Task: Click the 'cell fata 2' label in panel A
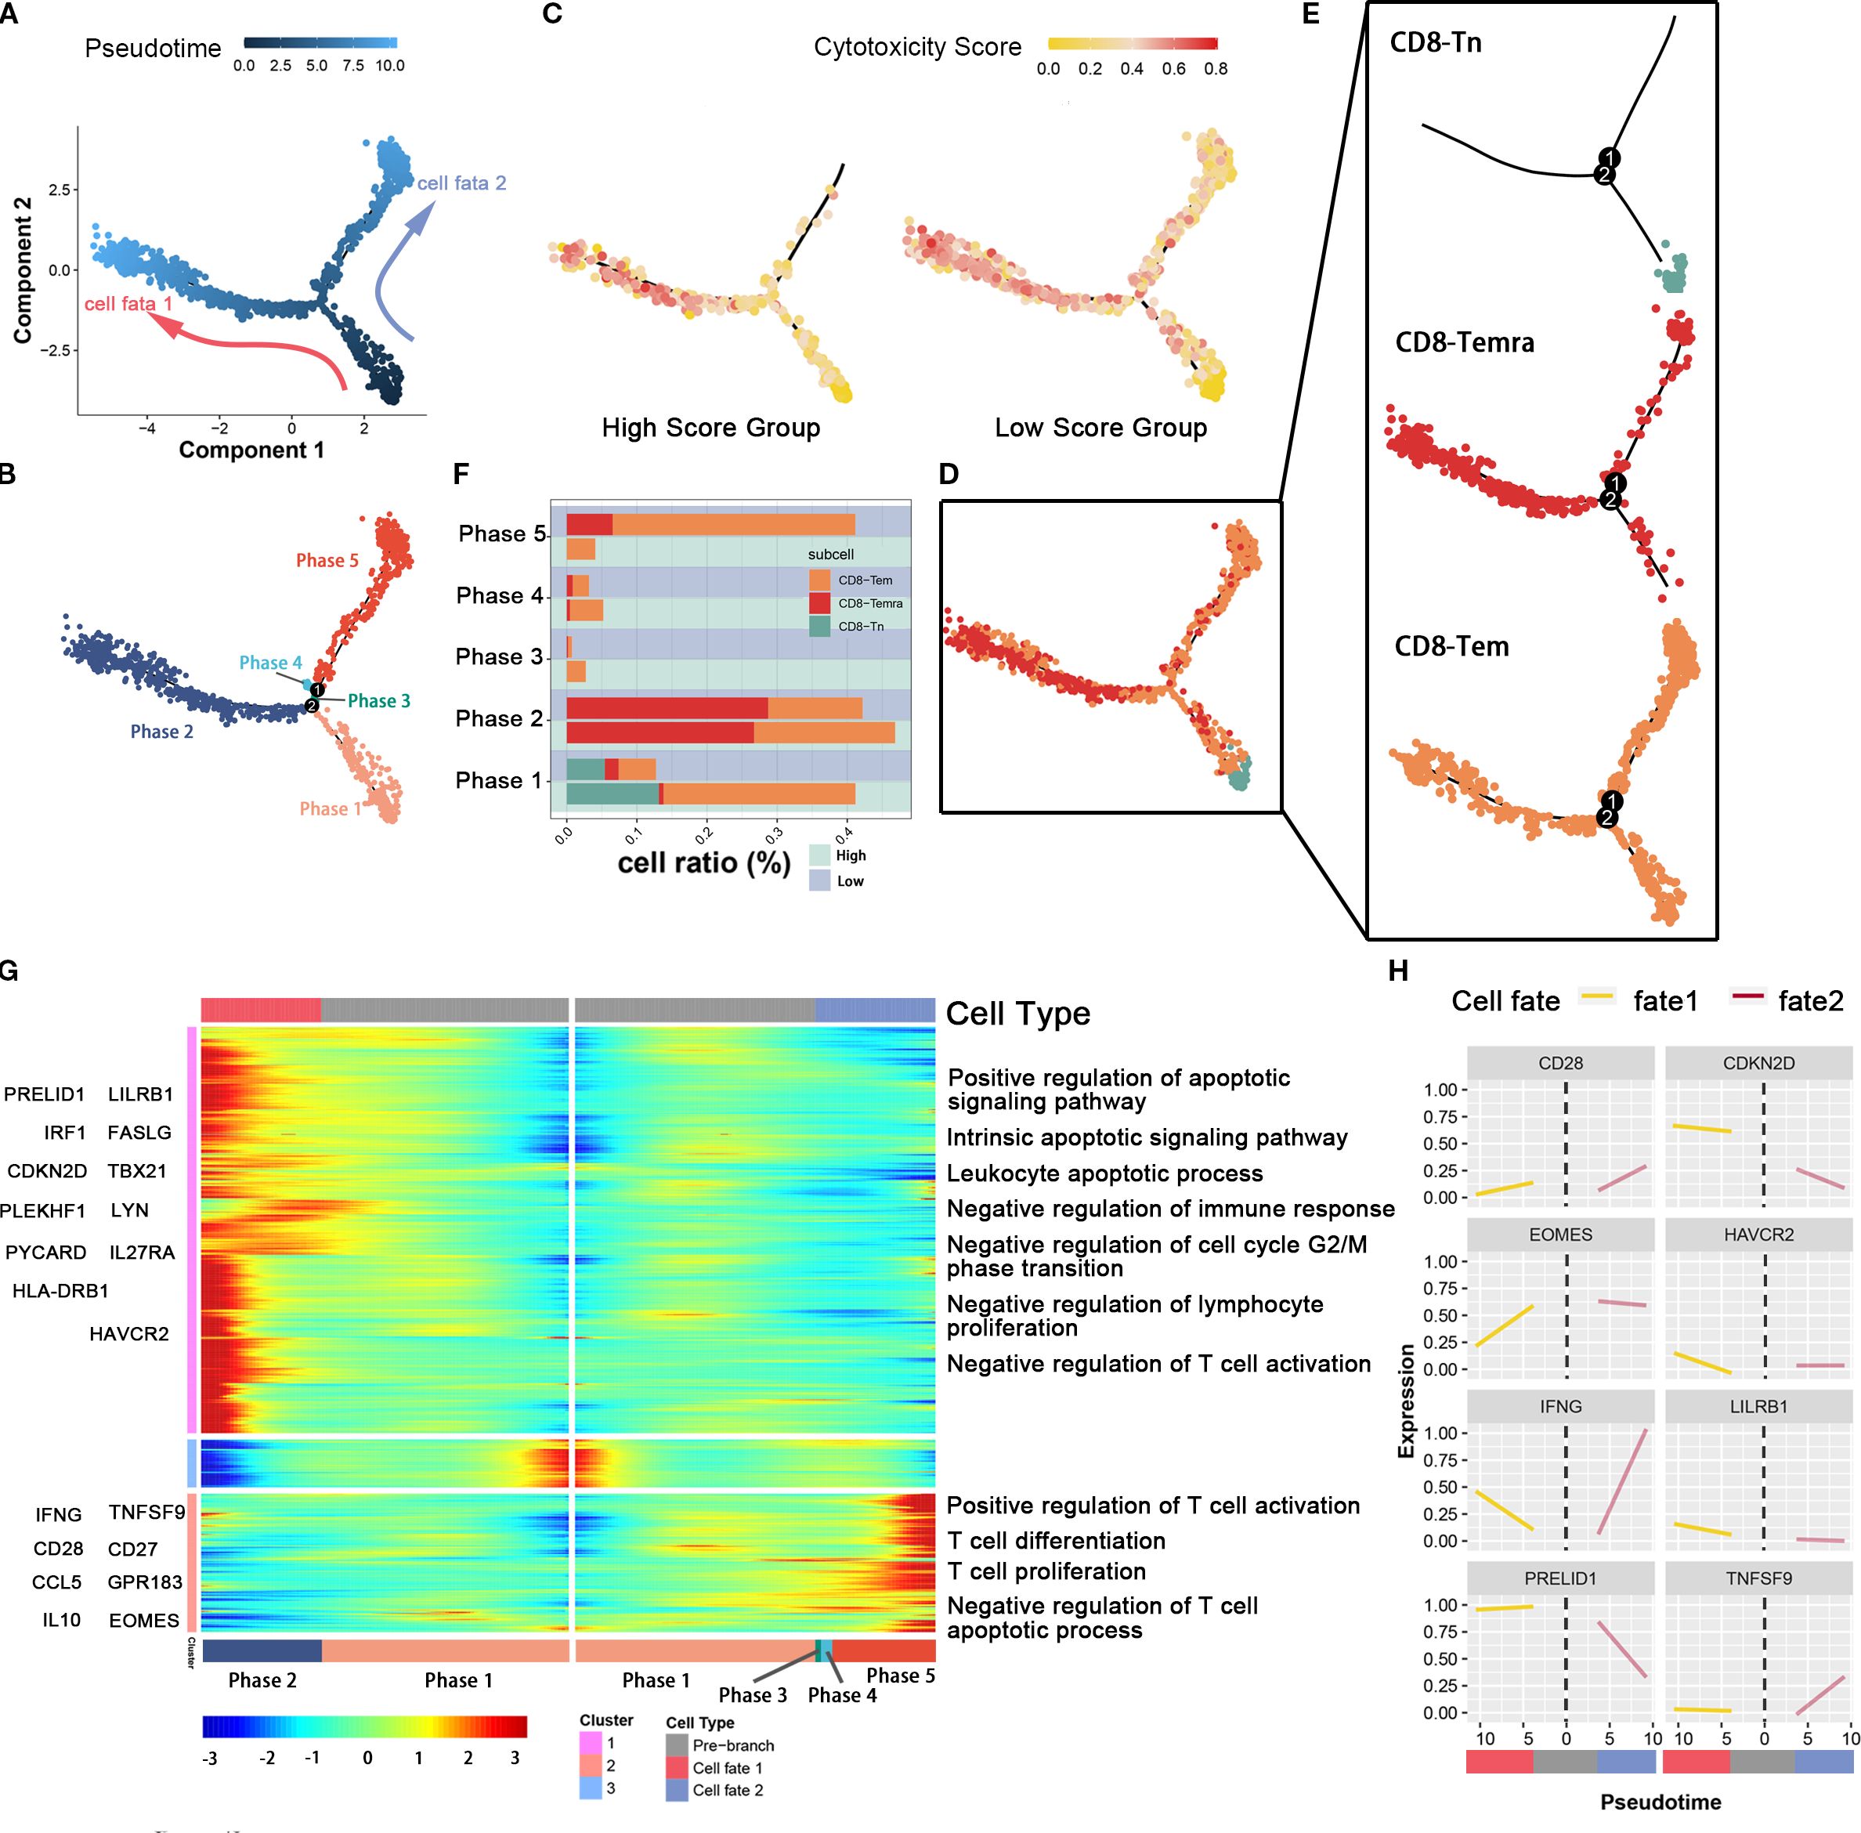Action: point(461,183)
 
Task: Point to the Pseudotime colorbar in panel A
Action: point(320,42)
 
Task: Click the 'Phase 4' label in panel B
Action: point(270,663)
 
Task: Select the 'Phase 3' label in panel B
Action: point(378,701)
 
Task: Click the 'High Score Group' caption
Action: point(710,428)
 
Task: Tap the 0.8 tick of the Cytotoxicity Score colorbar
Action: point(1215,68)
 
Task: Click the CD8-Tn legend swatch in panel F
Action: point(819,627)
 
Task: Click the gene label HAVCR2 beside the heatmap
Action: point(129,1333)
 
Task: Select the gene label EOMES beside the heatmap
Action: point(143,1620)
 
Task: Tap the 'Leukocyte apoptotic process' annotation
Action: point(1104,1173)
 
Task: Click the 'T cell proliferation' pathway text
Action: point(1046,1571)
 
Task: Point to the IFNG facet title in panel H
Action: point(1559,1407)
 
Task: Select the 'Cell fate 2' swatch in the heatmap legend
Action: point(677,1791)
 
